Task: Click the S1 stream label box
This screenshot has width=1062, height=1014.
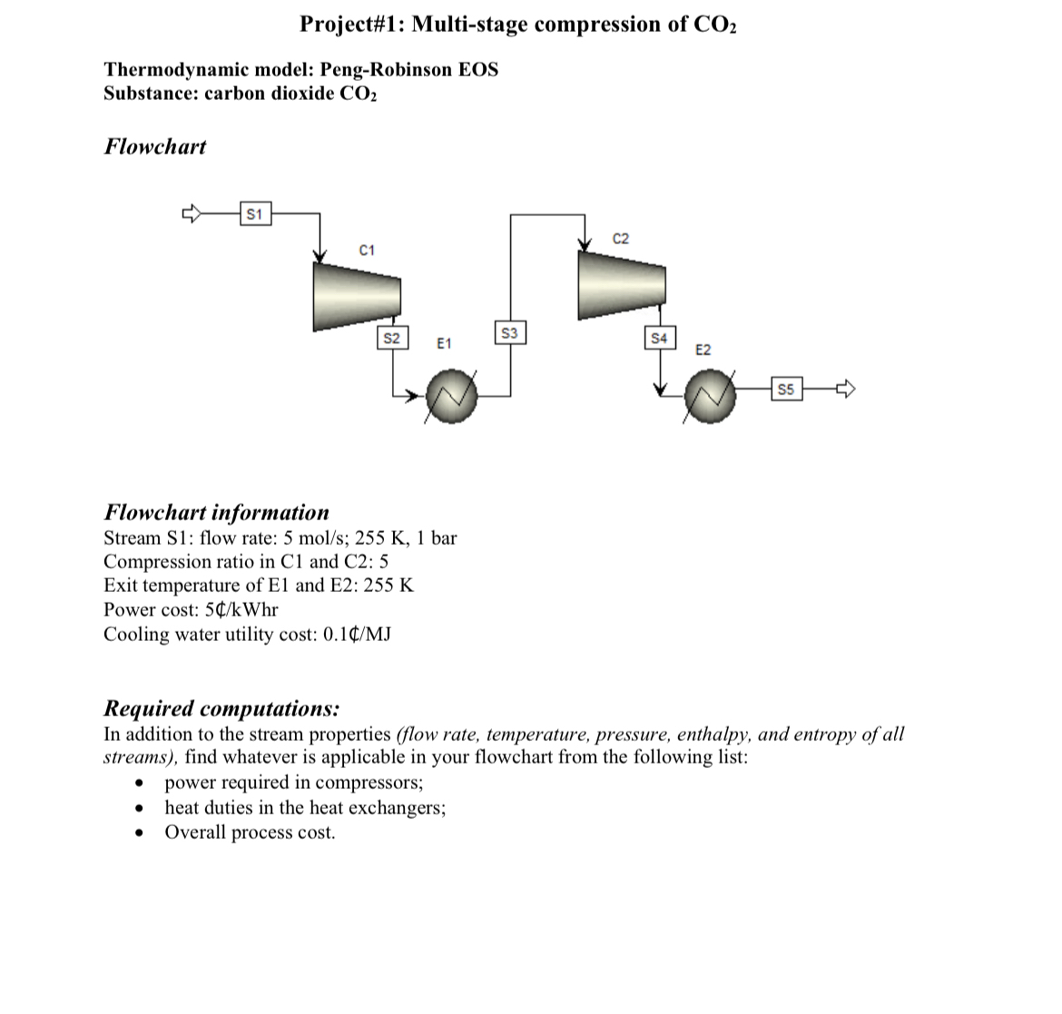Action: pyautogui.click(x=254, y=214)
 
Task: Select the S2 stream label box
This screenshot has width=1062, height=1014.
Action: pyautogui.click(x=391, y=339)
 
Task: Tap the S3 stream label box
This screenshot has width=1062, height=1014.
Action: pyautogui.click(x=509, y=333)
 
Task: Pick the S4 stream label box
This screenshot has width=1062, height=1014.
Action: pyautogui.click(x=659, y=339)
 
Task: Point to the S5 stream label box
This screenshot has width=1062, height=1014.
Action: pyautogui.click(x=786, y=390)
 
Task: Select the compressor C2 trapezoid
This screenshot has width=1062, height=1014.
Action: pyautogui.click(x=622, y=284)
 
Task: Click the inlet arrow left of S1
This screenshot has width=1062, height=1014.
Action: pyautogui.click(x=192, y=214)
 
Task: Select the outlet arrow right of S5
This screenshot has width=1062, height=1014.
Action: pyautogui.click(x=846, y=390)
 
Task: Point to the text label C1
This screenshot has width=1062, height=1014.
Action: pyautogui.click(x=367, y=250)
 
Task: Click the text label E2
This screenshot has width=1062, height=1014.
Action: pyautogui.click(x=703, y=349)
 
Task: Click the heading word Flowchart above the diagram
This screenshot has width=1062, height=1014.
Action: pyautogui.click(x=155, y=146)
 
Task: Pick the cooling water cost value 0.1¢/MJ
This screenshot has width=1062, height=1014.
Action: pyautogui.click(x=356, y=634)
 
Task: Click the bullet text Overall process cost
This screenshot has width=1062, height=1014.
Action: pyautogui.click(x=250, y=832)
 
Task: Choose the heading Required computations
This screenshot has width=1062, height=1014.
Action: pyautogui.click(x=222, y=708)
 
